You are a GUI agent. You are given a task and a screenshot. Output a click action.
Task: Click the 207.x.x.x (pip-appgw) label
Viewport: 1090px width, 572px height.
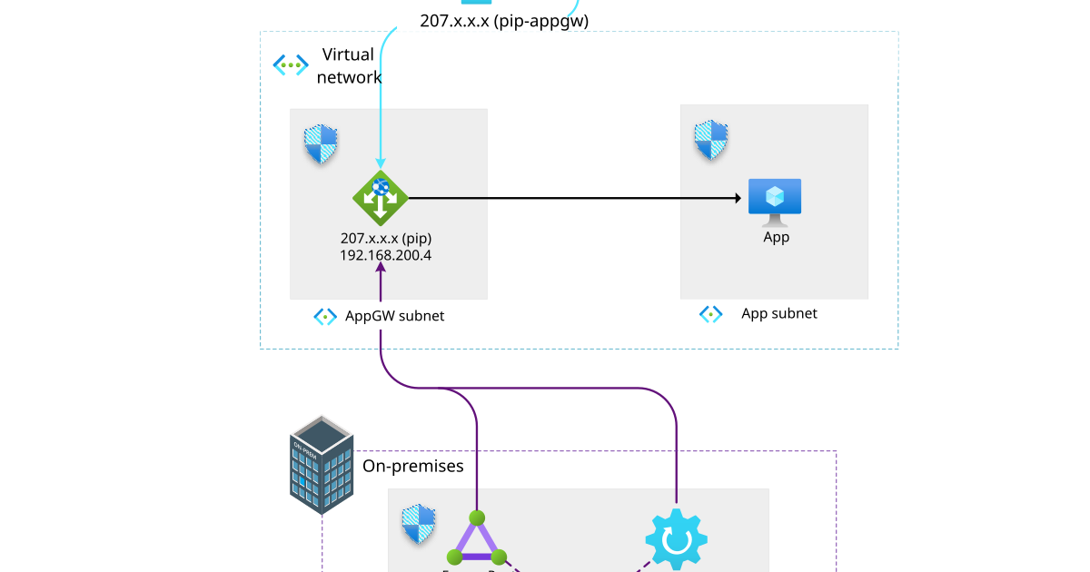point(504,20)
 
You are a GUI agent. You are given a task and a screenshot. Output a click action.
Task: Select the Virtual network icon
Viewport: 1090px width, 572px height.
point(291,64)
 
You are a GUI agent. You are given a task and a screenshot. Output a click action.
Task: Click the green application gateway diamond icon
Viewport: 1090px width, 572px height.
point(381,197)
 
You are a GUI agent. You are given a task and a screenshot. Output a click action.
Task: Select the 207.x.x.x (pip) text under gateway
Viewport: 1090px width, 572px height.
point(386,238)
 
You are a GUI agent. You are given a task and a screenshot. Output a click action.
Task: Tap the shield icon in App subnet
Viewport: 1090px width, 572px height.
point(712,140)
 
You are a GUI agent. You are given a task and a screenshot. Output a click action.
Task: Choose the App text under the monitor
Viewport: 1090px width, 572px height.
point(776,237)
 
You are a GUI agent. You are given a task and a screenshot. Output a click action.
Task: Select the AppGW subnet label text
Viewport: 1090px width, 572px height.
point(394,316)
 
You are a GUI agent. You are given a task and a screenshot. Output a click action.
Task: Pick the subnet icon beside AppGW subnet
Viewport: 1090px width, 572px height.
point(325,316)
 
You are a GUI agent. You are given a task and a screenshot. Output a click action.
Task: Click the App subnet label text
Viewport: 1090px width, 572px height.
point(779,313)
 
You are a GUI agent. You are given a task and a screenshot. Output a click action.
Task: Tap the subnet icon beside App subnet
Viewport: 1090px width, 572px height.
point(710,314)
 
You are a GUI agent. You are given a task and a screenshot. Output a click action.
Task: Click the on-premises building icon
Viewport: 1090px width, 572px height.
point(321,464)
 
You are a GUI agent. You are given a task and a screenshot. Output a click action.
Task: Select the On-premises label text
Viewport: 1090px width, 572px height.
point(413,466)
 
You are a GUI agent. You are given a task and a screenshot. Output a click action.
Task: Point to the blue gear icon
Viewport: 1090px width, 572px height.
point(676,540)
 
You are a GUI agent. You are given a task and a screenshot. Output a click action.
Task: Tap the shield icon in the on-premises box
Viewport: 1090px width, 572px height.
point(420,525)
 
